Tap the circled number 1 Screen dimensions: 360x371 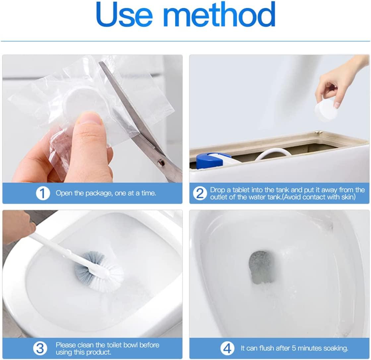tap(43, 193)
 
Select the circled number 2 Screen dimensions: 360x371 tap(200, 193)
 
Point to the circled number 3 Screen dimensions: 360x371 tap(40, 348)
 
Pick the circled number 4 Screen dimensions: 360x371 tap(227, 348)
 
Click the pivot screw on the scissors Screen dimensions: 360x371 tap(161, 162)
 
